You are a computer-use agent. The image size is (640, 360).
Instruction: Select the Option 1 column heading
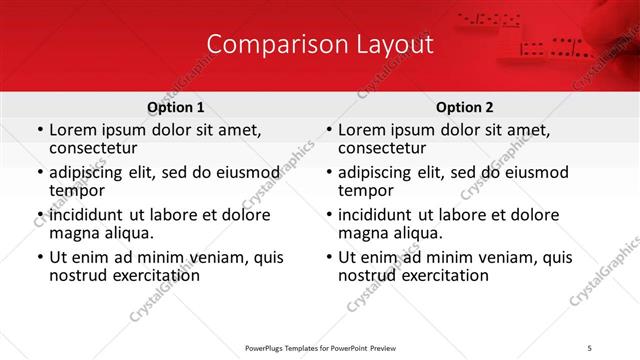click(176, 107)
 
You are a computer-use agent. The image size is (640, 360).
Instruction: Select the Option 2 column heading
click(465, 107)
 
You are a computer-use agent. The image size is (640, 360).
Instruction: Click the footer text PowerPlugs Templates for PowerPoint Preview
click(319, 347)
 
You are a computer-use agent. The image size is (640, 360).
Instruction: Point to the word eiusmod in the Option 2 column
click(533, 172)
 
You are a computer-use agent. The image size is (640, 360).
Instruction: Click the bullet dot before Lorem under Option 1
click(39, 131)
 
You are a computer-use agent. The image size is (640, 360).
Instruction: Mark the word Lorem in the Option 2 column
click(361, 130)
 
